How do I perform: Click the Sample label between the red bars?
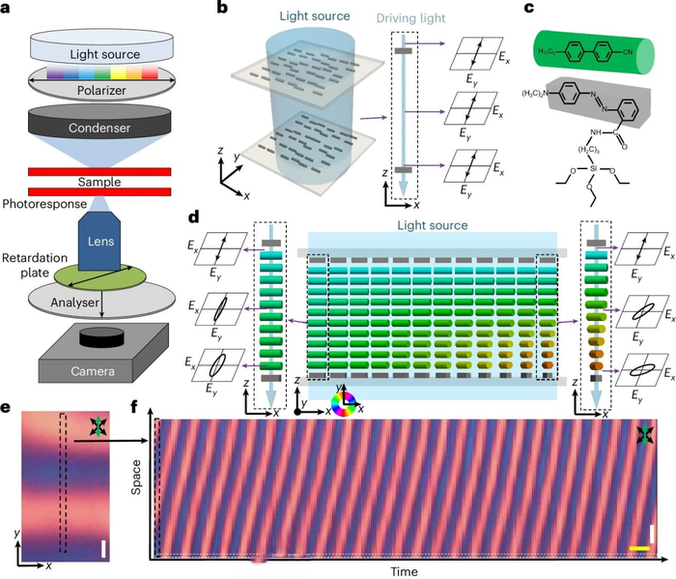point(100,182)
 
